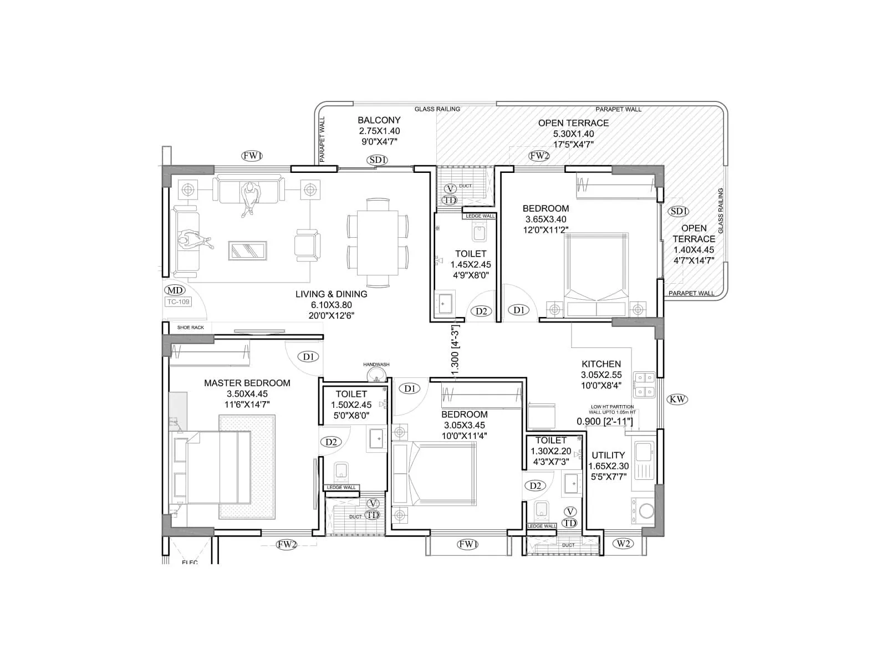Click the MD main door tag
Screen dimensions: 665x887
point(175,290)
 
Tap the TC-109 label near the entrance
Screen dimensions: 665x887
point(178,302)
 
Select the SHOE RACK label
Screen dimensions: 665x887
point(191,328)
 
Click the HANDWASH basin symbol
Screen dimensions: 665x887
point(377,375)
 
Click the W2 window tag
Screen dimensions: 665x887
point(623,543)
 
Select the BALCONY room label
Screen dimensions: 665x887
point(379,120)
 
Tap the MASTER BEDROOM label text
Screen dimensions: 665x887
point(247,383)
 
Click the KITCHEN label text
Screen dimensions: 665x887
point(601,364)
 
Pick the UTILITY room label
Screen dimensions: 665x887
point(608,455)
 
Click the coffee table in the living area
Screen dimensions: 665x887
point(247,250)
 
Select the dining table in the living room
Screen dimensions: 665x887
point(378,242)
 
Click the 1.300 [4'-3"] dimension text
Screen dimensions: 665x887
point(456,352)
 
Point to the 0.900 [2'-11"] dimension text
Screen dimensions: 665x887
point(605,422)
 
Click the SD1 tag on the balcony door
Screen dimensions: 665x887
point(377,160)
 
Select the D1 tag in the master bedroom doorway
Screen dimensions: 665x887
point(309,356)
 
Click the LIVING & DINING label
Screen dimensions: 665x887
point(331,294)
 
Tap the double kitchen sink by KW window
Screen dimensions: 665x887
point(645,385)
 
